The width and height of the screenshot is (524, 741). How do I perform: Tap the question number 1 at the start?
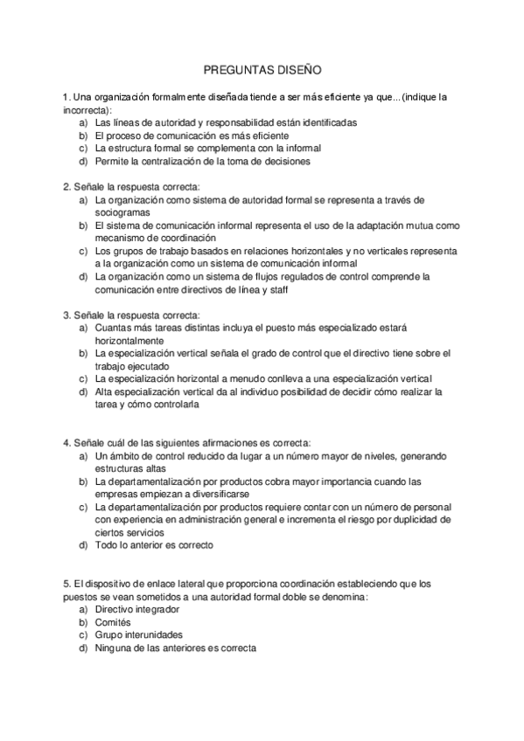[66, 97]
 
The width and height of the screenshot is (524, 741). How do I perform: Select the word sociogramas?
[122, 212]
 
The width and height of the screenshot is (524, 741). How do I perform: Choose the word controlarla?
[174, 405]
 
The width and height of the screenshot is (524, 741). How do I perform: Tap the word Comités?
[115, 621]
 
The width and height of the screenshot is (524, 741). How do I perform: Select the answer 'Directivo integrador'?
[137, 608]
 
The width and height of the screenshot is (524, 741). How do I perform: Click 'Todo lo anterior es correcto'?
[155, 545]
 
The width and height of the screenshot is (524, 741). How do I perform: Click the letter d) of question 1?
[83, 161]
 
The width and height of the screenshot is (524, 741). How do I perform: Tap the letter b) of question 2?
[83, 225]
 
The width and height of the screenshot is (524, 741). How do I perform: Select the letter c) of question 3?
[83, 378]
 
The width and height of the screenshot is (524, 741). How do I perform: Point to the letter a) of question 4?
[83, 455]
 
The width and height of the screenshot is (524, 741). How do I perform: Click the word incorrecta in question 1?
[86, 110]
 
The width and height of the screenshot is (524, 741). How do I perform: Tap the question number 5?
[66, 583]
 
